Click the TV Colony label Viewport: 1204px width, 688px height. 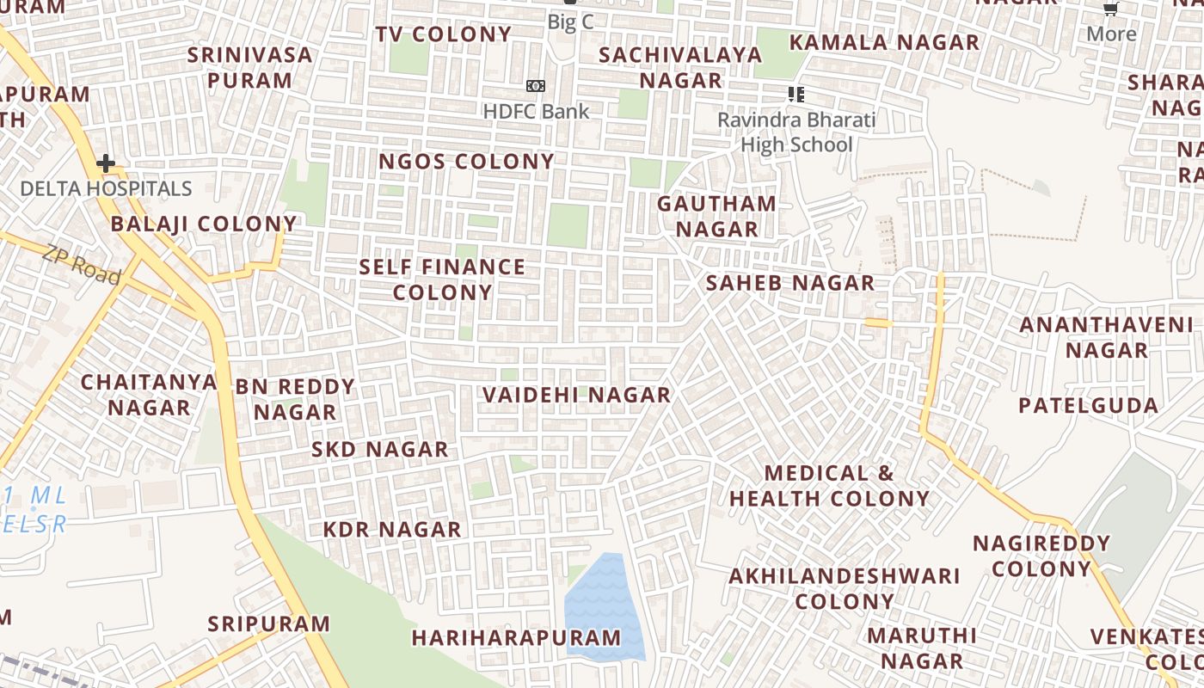(x=444, y=34)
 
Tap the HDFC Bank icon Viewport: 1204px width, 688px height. (x=536, y=86)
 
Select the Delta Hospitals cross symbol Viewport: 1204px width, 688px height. (x=106, y=163)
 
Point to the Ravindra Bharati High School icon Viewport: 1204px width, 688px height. (x=796, y=95)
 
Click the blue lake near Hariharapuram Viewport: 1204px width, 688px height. (x=605, y=606)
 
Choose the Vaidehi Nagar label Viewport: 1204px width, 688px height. (x=576, y=395)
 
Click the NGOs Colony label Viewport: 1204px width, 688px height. (x=467, y=162)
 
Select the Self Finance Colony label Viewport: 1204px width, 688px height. (x=442, y=279)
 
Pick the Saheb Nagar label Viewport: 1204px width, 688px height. (x=790, y=283)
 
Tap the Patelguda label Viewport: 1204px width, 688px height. (x=1088, y=405)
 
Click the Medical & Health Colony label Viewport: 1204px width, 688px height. (x=830, y=486)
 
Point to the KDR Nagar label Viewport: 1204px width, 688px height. (x=392, y=530)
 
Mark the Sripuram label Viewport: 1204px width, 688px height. (x=269, y=623)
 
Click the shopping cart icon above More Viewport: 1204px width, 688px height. (x=1111, y=9)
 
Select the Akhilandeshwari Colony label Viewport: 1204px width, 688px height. (x=845, y=589)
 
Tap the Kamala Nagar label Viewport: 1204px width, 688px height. (x=884, y=42)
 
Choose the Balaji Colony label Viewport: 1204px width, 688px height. (x=204, y=224)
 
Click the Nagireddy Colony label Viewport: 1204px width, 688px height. (x=1041, y=556)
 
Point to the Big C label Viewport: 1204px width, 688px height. (x=570, y=21)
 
